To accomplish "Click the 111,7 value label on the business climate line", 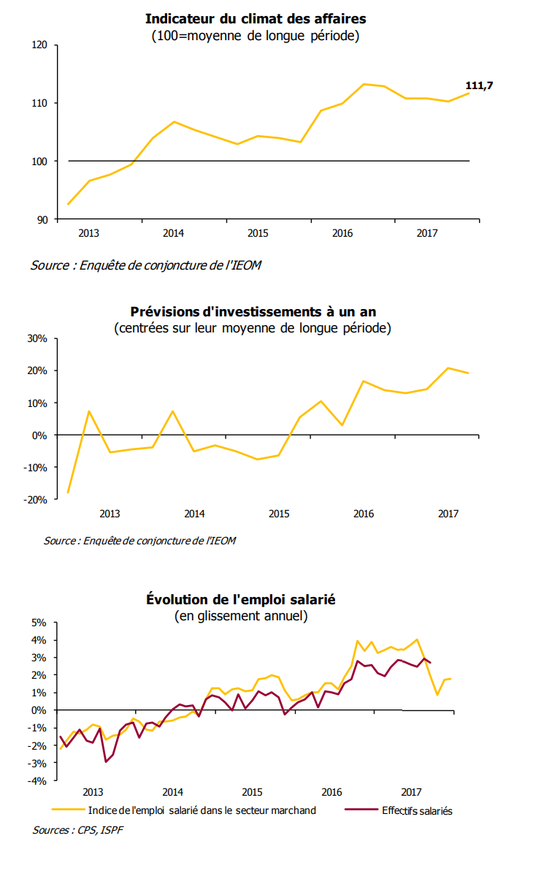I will pyautogui.click(x=479, y=85).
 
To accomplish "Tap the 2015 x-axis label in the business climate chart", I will pyautogui.click(x=257, y=234).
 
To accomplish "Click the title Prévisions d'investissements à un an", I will pyautogui.click(x=253, y=312).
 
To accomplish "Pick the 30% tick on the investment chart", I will pyautogui.click(x=37, y=339).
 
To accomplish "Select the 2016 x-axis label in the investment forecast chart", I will pyautogui.click(x=363, y=514).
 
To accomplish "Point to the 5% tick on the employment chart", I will pyautogui.click(x=39, y=623).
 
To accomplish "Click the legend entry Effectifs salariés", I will pyautogui.click(x=417, y=810).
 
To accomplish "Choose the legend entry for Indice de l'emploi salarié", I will pyautogui.click(x=202, y=810).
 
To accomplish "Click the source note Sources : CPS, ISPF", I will pyautogui.click(x=77, y=831).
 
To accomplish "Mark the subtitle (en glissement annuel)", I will pyautogui.click(x=240, y=616).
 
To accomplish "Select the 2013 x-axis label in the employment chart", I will pyautogui.click(x=93, y=793).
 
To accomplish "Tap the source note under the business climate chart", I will pyautogui.click(x=145, y=265).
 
